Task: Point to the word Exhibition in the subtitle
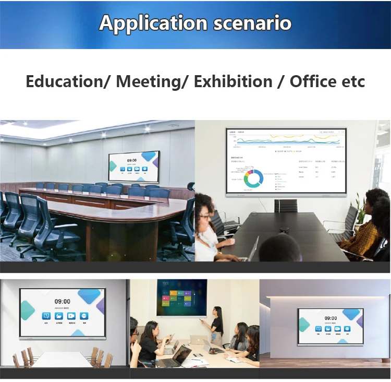tap(233, 82)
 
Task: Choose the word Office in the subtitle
tap(313, 82)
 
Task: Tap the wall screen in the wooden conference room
tap(133, 166)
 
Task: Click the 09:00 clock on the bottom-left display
tap(63, 302)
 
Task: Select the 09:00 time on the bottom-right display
tap(331, 318)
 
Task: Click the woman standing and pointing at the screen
tap(216, 325)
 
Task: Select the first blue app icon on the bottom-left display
tap(46, 316)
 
